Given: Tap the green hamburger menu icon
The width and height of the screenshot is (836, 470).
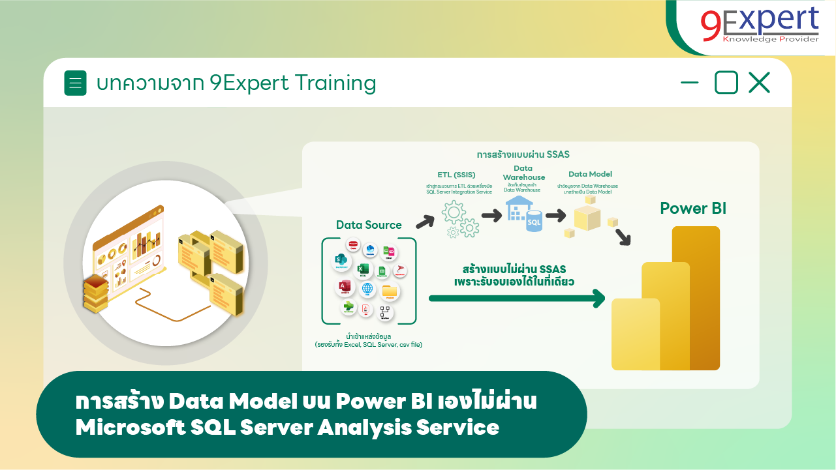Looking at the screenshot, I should (75, 83).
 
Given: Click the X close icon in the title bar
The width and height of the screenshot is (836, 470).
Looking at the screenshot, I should (759, 83).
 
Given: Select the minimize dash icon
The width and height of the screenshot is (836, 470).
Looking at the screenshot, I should (689, 83).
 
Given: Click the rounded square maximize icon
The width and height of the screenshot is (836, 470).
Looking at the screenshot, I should (726, 83).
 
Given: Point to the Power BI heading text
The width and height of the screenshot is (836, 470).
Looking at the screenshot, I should (692, 209).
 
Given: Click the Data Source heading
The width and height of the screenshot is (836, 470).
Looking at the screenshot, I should (369, 225).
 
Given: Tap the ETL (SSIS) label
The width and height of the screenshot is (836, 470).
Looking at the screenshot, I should (456, 175).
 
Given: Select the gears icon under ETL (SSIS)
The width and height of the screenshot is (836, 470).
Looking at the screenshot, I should (460, 219).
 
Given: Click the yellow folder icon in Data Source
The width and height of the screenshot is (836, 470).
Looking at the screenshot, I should (390, 291).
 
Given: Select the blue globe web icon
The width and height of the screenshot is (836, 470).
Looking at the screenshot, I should (367, 289).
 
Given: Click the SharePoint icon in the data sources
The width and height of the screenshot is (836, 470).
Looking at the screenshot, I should (341, 259).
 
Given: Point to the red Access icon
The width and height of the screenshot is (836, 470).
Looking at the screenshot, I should (344, 287).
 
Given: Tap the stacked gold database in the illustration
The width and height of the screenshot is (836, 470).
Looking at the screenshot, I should (95, 292).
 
